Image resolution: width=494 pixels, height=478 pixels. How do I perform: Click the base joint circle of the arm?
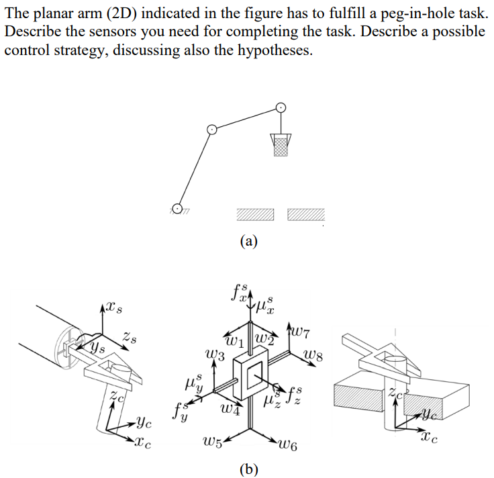177,209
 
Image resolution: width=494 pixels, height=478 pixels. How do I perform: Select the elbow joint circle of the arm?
211,129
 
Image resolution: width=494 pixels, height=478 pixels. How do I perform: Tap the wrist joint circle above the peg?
281,107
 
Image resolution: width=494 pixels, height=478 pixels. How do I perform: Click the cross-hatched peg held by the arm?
281,144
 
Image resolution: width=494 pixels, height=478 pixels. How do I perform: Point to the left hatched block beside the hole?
256,214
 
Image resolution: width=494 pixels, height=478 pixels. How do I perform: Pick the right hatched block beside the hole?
306,214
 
